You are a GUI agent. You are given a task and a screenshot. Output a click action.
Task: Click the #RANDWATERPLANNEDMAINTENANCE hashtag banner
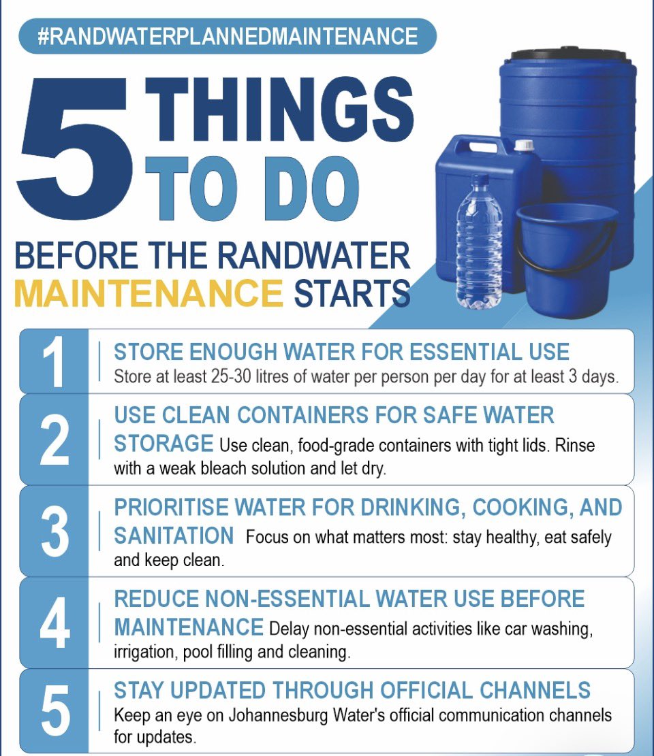(x=228, y=36)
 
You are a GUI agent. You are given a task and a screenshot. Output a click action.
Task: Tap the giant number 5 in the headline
(x=75, y=147)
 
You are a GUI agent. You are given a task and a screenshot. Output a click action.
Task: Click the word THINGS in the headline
(x=279, y=110)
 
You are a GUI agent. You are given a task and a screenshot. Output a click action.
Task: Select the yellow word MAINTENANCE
(x=149, y=293)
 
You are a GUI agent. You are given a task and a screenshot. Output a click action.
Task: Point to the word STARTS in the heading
(x=352, y=293)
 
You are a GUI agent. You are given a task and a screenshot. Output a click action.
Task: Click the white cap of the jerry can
(x=524, y=145)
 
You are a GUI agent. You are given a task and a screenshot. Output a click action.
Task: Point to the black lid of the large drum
(x=570, y=54)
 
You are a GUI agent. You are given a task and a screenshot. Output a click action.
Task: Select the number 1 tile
(x=54, y=361)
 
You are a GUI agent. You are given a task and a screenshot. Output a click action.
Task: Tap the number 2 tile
(x=54, y=440)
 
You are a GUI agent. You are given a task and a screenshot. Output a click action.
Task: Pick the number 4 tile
(x=54, y=623)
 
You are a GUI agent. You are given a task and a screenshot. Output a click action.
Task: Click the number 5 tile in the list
(x=54, y=711)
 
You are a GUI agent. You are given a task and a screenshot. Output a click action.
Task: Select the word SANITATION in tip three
(x=174, y=536)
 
